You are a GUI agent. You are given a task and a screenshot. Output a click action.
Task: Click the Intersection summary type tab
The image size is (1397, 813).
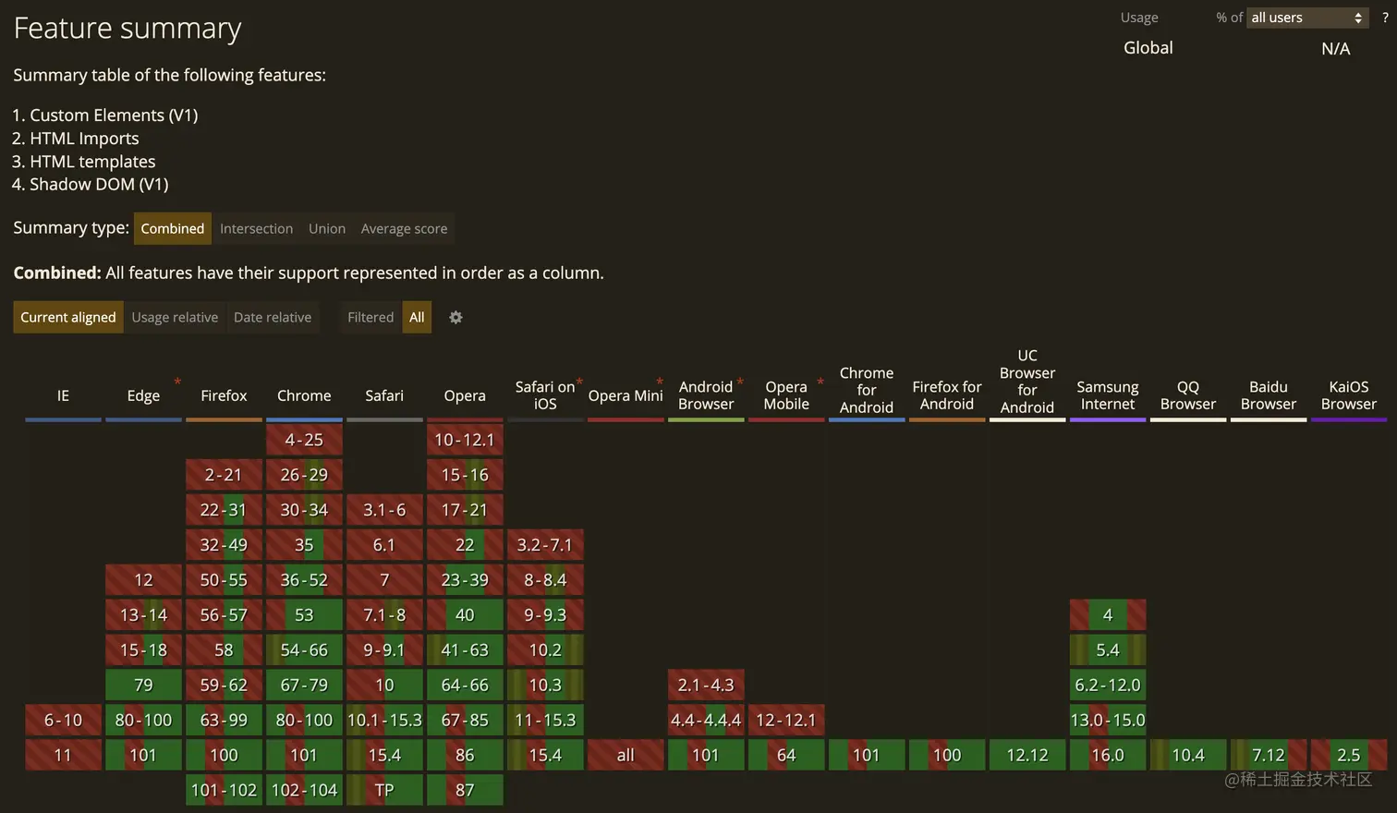coord(256,229)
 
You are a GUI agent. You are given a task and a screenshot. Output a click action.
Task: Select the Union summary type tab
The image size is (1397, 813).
coord(327,229)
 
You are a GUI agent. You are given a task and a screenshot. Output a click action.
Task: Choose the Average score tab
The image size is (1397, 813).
coord(404,229)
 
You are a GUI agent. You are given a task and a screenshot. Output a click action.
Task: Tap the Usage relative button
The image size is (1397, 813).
coord(175,318)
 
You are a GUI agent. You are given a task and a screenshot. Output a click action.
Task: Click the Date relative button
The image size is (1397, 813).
coord(273,318)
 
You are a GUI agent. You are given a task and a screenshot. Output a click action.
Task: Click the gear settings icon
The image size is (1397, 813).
coord(456,318)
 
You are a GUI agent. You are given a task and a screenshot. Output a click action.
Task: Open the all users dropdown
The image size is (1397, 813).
coord(1306,18)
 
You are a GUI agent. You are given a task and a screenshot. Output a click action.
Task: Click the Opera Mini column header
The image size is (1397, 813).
coord(626,395)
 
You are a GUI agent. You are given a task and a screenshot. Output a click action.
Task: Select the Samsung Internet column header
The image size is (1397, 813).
coord(1107,395)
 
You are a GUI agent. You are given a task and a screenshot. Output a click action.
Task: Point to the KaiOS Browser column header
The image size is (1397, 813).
coord(1348,395)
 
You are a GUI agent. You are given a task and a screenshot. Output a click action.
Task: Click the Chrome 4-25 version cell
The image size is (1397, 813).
coord(304,440)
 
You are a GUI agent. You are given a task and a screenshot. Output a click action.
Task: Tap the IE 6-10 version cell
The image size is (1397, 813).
coord(63,720)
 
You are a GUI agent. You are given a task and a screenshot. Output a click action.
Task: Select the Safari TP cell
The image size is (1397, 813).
coord(384,790)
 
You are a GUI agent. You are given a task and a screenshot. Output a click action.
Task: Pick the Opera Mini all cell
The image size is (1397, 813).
coord(626,755)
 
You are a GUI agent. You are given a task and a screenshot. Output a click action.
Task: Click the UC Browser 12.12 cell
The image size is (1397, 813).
coord(1026,755)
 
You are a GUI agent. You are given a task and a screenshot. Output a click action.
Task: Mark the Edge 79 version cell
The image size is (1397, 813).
coord(143,685)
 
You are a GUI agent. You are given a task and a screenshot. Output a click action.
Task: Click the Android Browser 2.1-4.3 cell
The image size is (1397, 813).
coord(706,685)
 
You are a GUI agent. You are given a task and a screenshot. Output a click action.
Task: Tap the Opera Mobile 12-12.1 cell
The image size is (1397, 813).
coord(786,720)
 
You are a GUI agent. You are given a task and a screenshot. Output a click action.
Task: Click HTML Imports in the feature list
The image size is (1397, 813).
coord(84,139)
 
